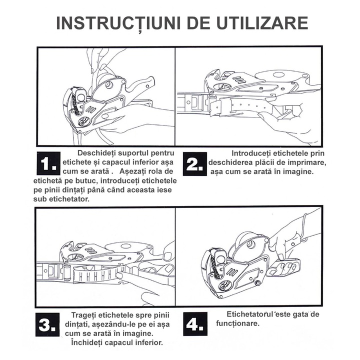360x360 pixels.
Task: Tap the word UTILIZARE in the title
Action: (262, 23)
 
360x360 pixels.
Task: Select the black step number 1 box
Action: (48, 163)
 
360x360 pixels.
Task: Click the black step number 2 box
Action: (195, 164)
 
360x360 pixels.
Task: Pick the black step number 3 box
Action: (47, 324)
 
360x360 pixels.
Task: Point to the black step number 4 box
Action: (195, 324)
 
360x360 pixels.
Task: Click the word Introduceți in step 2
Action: (250, 153)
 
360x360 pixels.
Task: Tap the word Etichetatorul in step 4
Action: (249, 314)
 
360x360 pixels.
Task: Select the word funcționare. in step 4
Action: (237, 323)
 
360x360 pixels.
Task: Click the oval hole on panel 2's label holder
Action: (278, 75)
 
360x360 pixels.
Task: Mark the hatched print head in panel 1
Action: (75, 101)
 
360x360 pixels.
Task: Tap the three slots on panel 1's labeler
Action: (90, 109)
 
